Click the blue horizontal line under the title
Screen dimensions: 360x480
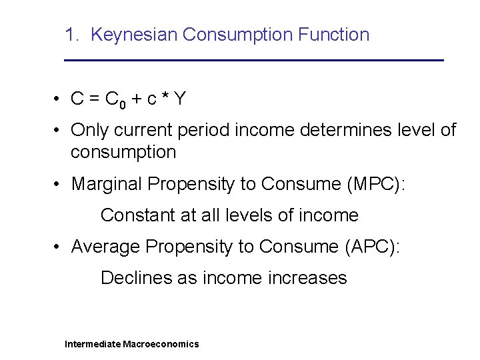coord(253,61)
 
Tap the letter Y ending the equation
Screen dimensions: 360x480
coord(179,99)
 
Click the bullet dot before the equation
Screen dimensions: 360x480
coord(59,99)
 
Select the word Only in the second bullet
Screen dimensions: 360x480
coord(88,129)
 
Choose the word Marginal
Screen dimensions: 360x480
coord(107,183)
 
